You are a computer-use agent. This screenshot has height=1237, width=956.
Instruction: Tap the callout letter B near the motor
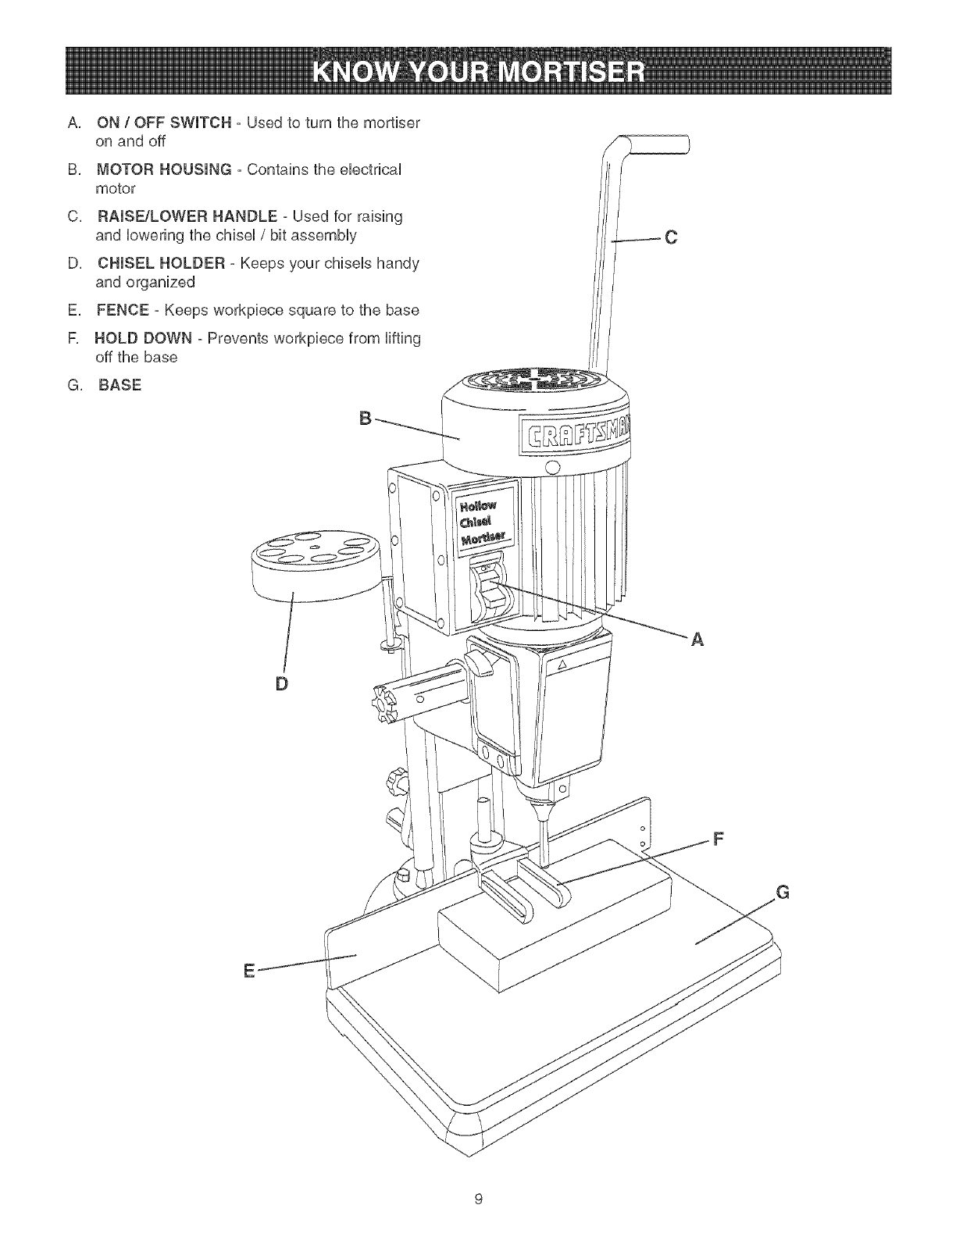[364, 416]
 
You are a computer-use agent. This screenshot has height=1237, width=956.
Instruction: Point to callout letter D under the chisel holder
[282, 683]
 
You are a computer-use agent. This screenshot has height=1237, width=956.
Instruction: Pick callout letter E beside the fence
[249, 971]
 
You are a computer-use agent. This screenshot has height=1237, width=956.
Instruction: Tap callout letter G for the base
[784, 893]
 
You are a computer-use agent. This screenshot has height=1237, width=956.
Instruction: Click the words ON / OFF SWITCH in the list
[163, 123]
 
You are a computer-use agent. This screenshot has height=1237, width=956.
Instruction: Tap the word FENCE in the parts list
[122, 310]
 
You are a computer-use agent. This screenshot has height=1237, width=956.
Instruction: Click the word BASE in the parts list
[120, 385]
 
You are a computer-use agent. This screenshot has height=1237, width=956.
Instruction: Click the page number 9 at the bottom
[479, 1197]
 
